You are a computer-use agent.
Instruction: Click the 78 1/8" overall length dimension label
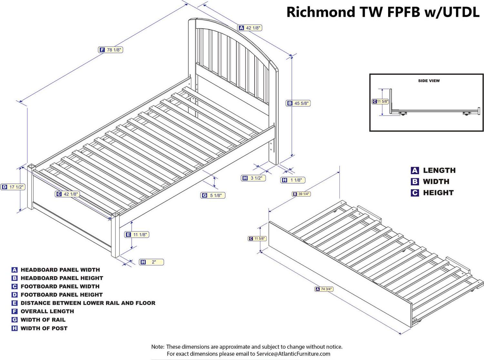(x=110, y=50)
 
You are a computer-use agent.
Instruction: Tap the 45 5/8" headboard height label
(x=298, y=103)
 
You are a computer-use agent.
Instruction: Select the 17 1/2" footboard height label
(x=13, y=187)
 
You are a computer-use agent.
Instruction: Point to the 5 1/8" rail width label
(x=213, y=195)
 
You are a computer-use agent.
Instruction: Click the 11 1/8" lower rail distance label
(x=137, y=235)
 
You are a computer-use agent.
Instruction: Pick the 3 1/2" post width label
(x=253, y=178)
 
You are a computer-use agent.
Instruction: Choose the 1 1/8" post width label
(x=293, y=180)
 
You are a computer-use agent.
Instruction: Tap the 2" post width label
(x=151, y=262)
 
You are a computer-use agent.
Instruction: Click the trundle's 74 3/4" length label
(x=324, y=289)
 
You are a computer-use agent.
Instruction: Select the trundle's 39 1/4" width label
(x=301, y=194)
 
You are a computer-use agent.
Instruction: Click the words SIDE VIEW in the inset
(x=429, y=81)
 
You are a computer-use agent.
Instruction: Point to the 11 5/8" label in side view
(x=380, y=101)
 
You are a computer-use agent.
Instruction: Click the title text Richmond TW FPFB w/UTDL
(x=383, y=12)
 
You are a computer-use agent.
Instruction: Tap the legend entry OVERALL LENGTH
(x=47, y=311)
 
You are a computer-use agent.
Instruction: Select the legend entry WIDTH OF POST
(x=44, y=328)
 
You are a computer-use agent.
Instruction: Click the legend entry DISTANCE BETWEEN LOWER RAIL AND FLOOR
(x=88, y=303)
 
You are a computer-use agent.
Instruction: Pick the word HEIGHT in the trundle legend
(x=438, y=193)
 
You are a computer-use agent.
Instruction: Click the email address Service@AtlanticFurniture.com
(x=293, y=354)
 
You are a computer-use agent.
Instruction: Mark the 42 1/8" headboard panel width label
(x=250, y=28)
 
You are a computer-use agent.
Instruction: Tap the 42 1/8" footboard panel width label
(x=67, y=194)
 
